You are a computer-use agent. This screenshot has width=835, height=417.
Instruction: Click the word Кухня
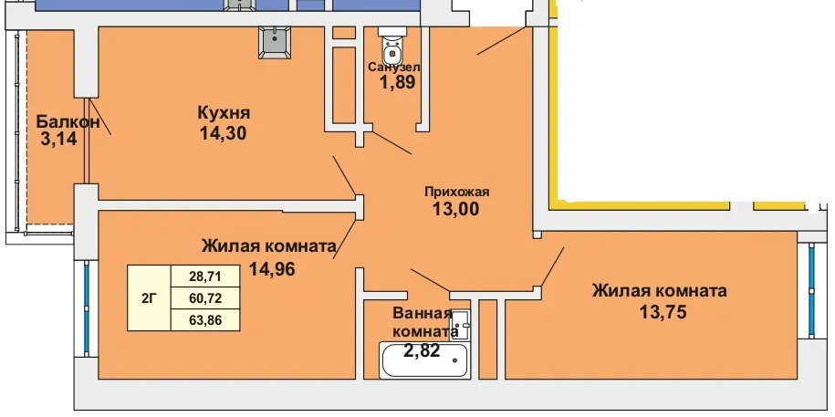click(x=224, y=113)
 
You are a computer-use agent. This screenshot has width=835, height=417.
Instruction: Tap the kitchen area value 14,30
click(x=224, y=133)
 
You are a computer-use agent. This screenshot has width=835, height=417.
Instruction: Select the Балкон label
click(x=68, y=121)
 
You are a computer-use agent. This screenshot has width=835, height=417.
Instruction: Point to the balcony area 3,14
click(x=59, y=139)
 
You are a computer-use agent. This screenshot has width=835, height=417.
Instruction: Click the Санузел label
click(x=394, y=68)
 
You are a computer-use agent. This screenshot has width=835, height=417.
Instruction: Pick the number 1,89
click(x=397, y=82)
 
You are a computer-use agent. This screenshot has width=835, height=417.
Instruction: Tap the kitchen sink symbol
click(x=275, y=42)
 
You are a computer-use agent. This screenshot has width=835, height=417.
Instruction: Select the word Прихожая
click(x=456, y=192)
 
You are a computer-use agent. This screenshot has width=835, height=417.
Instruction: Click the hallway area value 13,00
click(x=455, y=209)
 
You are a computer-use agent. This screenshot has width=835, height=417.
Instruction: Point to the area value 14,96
click(x=272, y=269)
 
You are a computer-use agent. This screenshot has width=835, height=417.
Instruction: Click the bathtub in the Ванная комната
click(x=425, y=360)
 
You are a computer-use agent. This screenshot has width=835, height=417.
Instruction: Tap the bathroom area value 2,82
click(x=422, y=350)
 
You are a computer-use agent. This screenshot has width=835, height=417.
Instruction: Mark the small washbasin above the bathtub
click(x=461, y=325)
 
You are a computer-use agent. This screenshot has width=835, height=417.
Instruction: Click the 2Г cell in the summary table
click(x=149, y=298)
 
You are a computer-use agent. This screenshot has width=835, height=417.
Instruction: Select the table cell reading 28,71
click(x=205, y=276)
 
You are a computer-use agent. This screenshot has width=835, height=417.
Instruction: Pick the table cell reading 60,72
click(x=205, y=298)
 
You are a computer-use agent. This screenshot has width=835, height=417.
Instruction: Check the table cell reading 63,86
click(x=205, y=320)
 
